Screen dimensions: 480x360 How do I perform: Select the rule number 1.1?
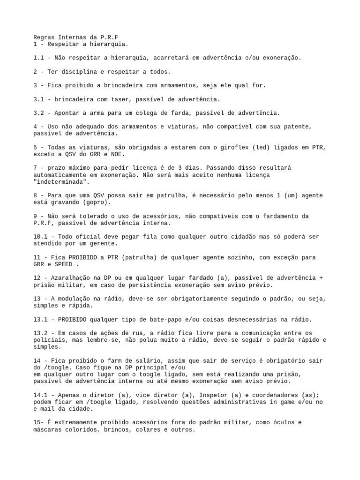[39, 58]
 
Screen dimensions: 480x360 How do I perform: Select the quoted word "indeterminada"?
[59, 181]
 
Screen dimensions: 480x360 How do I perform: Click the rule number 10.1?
[41, 237]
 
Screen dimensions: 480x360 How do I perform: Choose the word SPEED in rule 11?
[63, 264]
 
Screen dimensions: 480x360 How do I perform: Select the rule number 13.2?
[41, 333]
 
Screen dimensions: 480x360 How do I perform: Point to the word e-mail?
[45, 408]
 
